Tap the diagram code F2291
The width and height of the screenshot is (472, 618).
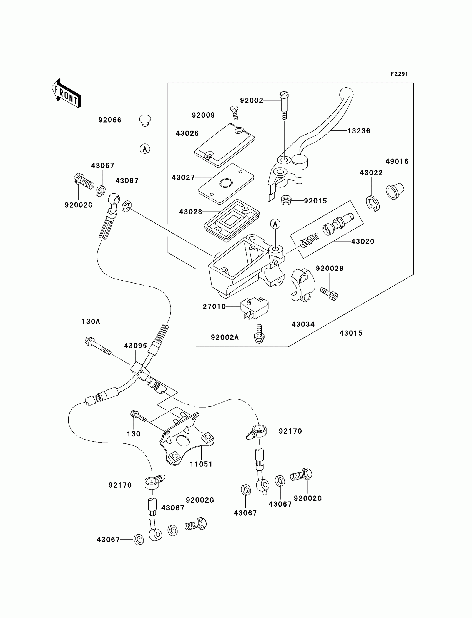[399, 74]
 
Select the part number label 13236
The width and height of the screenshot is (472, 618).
[359, 131]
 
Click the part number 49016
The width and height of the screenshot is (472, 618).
[397, 162]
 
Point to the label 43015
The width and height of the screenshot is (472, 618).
[351, 333]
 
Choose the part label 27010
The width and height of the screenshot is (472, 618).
[214, 307]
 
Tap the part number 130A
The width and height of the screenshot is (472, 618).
[91, 322]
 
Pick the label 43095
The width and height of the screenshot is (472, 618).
[136, 346]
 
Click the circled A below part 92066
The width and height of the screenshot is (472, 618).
[145, 148]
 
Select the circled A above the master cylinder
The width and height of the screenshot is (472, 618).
[275, 224]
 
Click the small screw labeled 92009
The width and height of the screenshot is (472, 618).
[234, 113]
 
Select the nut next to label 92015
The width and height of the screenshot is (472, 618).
[286, 200]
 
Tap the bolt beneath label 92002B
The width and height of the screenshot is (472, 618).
[329, 294]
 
